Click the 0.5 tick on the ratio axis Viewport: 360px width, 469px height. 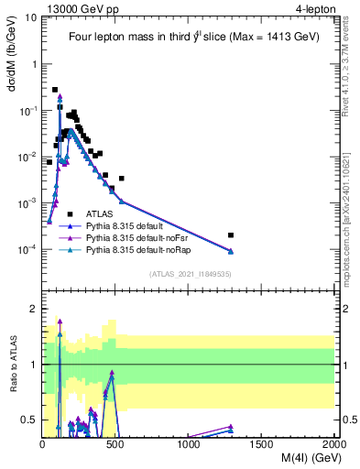coord(29,420)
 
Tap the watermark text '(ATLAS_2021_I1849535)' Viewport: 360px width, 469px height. coord(189,274)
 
